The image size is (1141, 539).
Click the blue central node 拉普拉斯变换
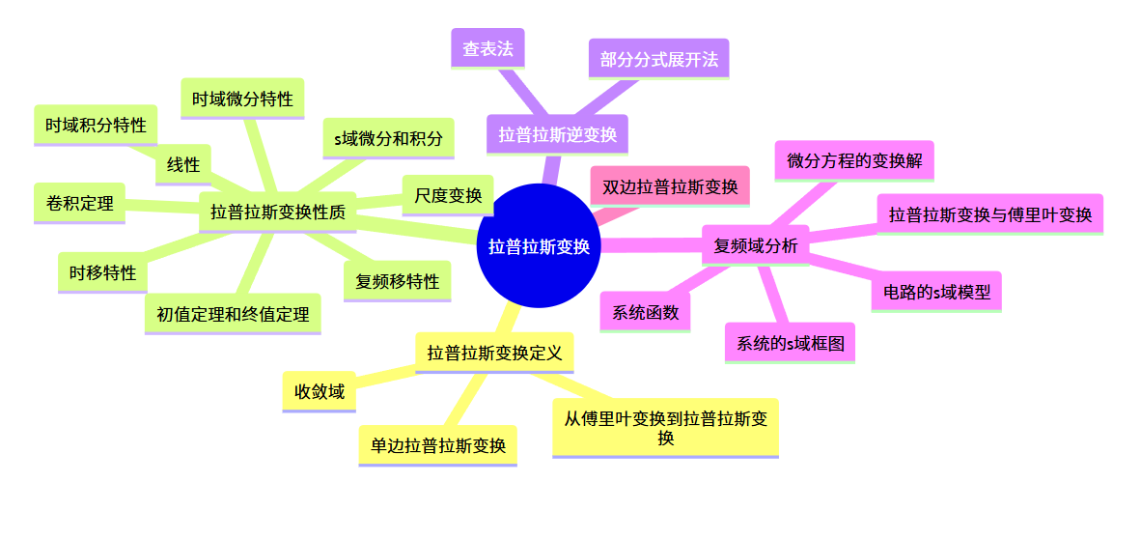coord(539,246)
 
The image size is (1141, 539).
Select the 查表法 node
coord(487,48)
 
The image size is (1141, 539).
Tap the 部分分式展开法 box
coord(658,59)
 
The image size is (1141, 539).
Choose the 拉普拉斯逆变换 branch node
coord(557,134)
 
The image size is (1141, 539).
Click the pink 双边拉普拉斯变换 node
coord(670,186)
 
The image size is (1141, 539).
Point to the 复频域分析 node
coord(755,245)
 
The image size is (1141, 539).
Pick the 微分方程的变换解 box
coord(854,160)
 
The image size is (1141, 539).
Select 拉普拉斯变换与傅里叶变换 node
coord(989,214)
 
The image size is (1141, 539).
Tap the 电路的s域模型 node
coord(936,291)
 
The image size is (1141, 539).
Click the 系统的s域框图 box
coord(790,343)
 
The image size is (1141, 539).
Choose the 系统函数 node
coord(645,312)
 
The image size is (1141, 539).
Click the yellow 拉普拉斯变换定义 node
coord(494,353)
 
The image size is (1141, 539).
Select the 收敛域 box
coord(320,391)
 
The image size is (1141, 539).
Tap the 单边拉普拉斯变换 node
coord(437,445)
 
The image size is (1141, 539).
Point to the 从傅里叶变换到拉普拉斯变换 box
coord(665,427)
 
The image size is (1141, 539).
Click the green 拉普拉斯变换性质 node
coord(278,213)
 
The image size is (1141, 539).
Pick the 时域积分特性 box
coord(96,125)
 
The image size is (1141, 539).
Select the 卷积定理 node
coord(79,203)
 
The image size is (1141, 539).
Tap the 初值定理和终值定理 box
coord(232,314)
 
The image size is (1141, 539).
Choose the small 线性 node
coord(183,164)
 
